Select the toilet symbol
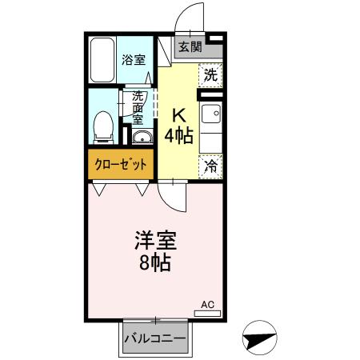point(102,126)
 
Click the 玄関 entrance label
point(190,46)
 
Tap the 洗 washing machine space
point(210,75)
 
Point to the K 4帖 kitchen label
point(178,126)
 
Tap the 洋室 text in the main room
point(154,240)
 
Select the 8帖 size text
point(154,263)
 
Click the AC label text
point(208,304)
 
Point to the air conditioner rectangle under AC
point(208,313)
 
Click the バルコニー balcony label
point(155,339)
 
